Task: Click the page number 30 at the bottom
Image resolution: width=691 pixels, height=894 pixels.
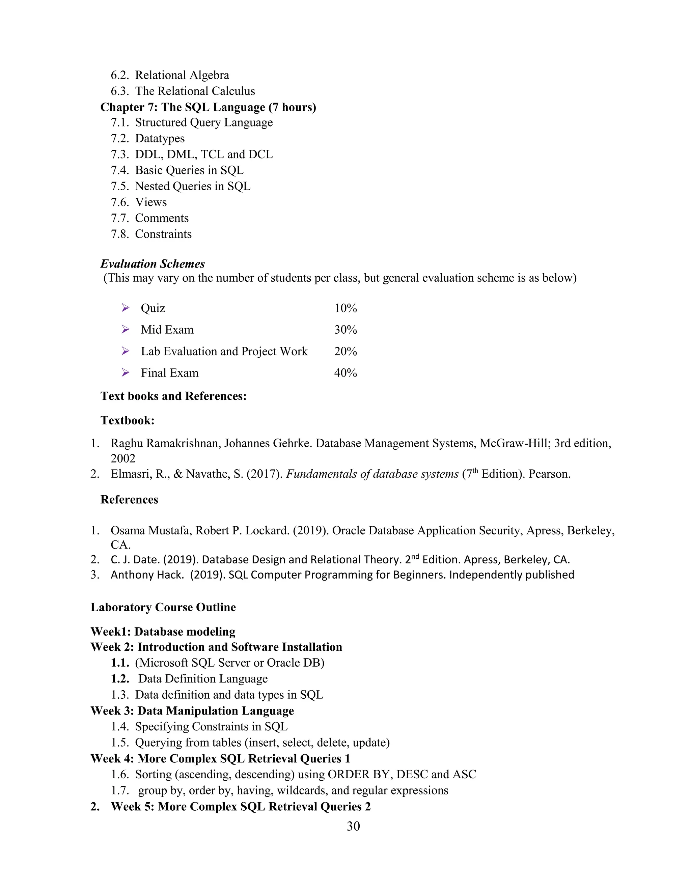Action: (x=353, y=827)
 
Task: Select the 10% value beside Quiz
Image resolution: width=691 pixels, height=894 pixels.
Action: (x=345, y=308)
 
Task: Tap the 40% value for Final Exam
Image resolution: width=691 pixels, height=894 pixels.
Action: (x=345, y=373)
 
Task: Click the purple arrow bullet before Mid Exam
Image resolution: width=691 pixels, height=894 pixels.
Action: (x=125, y=330)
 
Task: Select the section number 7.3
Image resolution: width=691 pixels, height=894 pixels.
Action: (x=119, y=154)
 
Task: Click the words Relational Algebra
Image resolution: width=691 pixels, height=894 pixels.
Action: (x=182, y=75)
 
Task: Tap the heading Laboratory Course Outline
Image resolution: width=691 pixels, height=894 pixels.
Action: (x=163, y=607)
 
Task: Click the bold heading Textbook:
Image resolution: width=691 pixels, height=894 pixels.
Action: (x=127, y=420)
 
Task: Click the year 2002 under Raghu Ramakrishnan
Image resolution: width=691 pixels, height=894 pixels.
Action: (x=123, y=458)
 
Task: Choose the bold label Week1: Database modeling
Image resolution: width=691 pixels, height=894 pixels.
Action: (x=163, y=632)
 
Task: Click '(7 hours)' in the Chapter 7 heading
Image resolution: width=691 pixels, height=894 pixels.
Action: (x=292, y=107)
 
